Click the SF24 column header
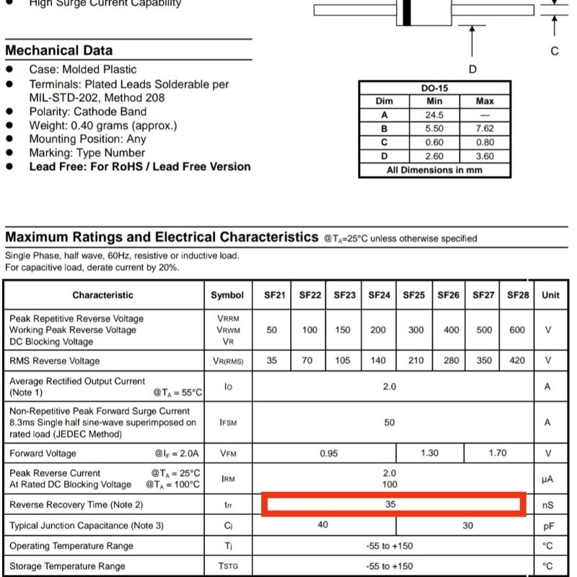(379, 295)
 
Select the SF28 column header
(518, 295)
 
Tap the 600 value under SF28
(518, 330)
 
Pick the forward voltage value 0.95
(329, 453)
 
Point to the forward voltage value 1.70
(498, 453)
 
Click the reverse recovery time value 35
(390, 504)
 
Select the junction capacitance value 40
(323, 525)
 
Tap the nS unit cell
(548, 505)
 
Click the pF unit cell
(548, 526)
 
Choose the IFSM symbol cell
(227, 423)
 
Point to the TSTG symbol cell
(227, 566)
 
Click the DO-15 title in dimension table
(434, 88)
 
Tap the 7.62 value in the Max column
(485, 128)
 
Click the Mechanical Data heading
(58, 50)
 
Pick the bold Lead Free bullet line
(140, 167)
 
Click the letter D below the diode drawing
(472, 69)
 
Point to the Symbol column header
(227, 295)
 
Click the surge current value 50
(389, 423)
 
